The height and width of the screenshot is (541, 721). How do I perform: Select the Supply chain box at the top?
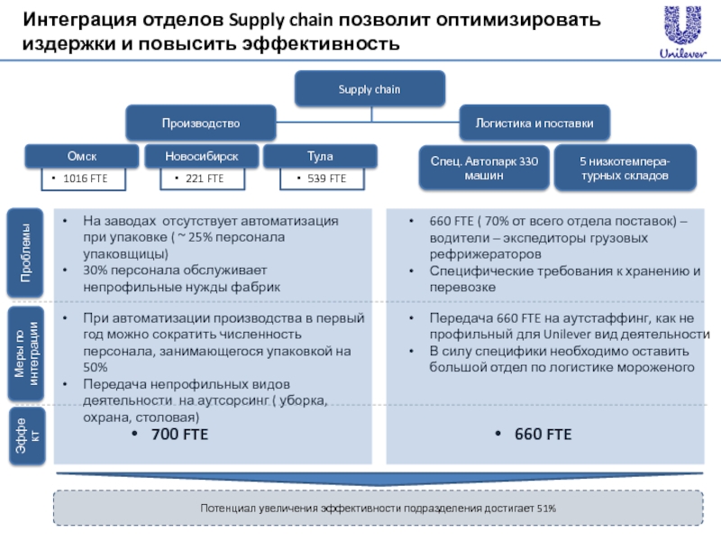point(369,89)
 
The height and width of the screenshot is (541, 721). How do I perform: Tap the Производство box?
point(200,121)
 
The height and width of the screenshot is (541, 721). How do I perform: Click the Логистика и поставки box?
point(534,121)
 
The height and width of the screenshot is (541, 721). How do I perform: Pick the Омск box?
point(81,157)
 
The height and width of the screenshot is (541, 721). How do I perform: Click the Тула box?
point(320,157)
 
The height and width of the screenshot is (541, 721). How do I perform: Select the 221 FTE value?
point(204,179)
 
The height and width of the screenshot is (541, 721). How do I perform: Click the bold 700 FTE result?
point(178,435)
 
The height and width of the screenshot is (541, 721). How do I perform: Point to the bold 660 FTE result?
point(543,435)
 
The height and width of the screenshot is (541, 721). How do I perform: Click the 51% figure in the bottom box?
point(546,509)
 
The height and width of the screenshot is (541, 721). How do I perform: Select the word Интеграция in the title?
point(82,20)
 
